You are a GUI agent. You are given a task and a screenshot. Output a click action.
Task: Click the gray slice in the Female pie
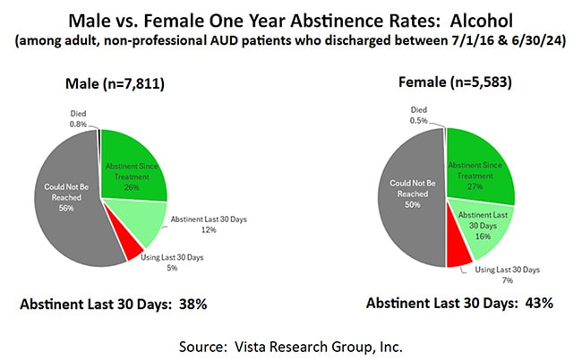[407, 197]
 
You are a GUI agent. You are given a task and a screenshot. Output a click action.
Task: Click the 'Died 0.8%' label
[80, 118]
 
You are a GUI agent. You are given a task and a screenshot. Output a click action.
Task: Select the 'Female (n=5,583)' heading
[448, 82]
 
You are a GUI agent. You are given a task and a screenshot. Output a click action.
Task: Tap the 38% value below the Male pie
[192, 305]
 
